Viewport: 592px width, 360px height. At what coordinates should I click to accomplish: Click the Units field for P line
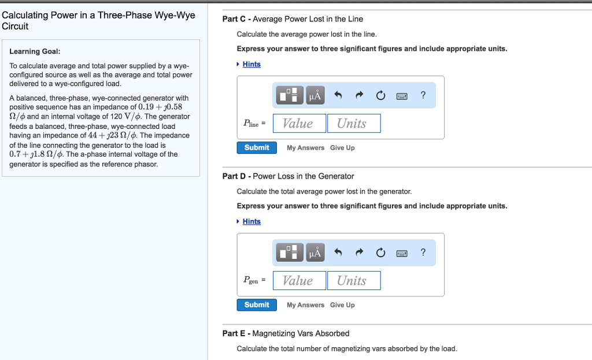[x=353, y=123]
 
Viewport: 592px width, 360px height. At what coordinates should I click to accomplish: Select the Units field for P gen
[x=353, y=280]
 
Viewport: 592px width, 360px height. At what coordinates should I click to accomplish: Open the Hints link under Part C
[x=251, y=64]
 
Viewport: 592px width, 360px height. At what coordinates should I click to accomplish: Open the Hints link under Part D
[x=251, y=221]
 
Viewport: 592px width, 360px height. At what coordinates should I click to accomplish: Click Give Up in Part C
[x=342, y=148]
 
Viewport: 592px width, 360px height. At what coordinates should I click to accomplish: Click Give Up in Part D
[x=342, y=305]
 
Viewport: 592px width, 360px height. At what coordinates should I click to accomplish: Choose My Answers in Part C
[x=305, y=148]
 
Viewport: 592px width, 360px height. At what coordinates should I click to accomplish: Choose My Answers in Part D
[x=305, y=305]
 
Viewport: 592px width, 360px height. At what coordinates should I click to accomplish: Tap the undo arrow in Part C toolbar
[x=338, y=95]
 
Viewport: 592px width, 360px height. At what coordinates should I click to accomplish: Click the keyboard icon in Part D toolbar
[x=402, y=253]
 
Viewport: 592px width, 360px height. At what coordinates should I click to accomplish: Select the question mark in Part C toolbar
[x=423, y=95]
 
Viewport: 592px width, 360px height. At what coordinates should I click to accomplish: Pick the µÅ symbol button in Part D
[x=316, y=253]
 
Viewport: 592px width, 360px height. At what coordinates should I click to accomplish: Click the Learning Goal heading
[x=35, y=51]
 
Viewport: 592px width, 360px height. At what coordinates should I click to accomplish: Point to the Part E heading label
[x=286, y=333]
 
